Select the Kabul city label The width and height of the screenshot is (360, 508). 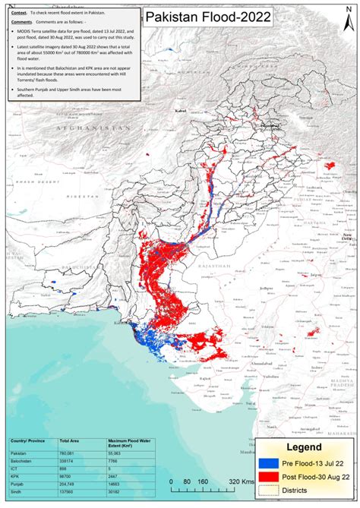[180, 112]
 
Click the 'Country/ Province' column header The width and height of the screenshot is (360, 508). [28, 440]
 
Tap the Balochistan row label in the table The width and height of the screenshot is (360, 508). [22, 461]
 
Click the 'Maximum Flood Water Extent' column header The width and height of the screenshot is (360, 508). [122, 442]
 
